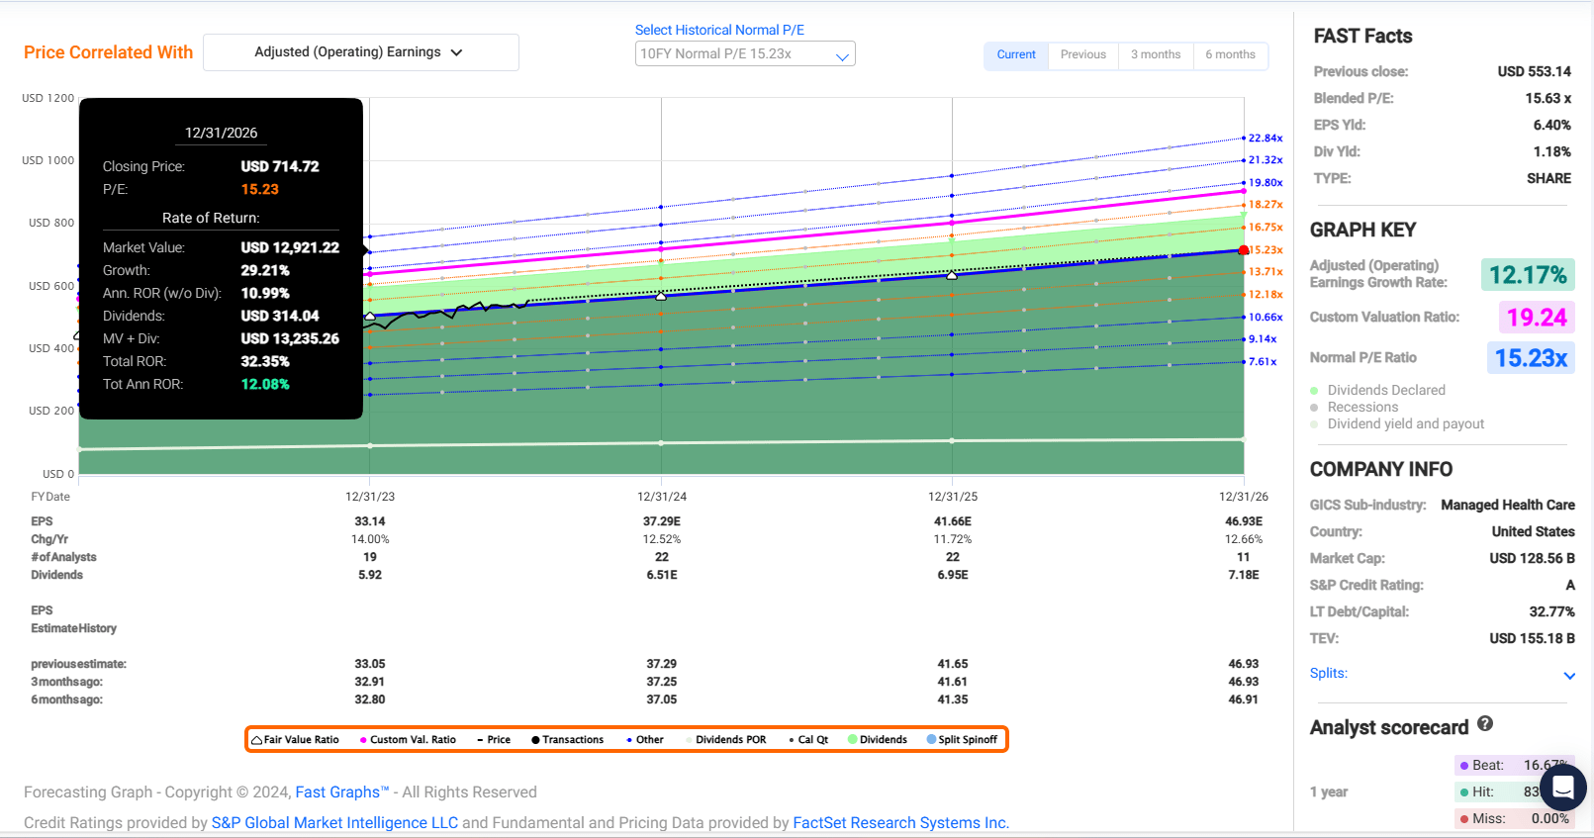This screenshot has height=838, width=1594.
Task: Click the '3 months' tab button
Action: [1156, 54]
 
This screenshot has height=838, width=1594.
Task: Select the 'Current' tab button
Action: [1016, 54]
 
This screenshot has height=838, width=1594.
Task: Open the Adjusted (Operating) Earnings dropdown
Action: [360, 52]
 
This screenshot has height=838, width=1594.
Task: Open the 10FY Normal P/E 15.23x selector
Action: [744, 54]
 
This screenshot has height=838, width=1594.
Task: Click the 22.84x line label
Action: [1265, 139]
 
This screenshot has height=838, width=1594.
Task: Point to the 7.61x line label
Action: [1262, 362]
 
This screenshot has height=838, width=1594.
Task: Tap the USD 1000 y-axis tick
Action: [47, 160]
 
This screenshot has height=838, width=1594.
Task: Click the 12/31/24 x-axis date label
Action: [662, 497]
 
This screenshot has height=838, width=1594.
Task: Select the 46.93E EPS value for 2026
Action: [1244, 521]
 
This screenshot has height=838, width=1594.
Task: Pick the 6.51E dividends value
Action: [662, 575]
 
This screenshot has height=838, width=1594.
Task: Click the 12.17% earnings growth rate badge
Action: [1528, 275]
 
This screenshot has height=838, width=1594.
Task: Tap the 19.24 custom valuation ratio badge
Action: [1536, 318]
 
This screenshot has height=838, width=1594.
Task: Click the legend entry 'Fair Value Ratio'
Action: [295, 740]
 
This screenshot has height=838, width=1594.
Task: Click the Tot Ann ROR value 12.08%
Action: [265, 385]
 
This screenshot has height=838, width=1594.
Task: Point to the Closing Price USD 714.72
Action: [280, 167]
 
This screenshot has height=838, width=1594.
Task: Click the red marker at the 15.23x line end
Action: [1244, 250]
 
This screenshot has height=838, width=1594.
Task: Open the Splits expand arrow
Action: [1568, 676]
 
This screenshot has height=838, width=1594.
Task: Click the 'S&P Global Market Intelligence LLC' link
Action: [334, 823]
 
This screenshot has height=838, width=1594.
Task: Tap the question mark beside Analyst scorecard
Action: [1485, 724]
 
